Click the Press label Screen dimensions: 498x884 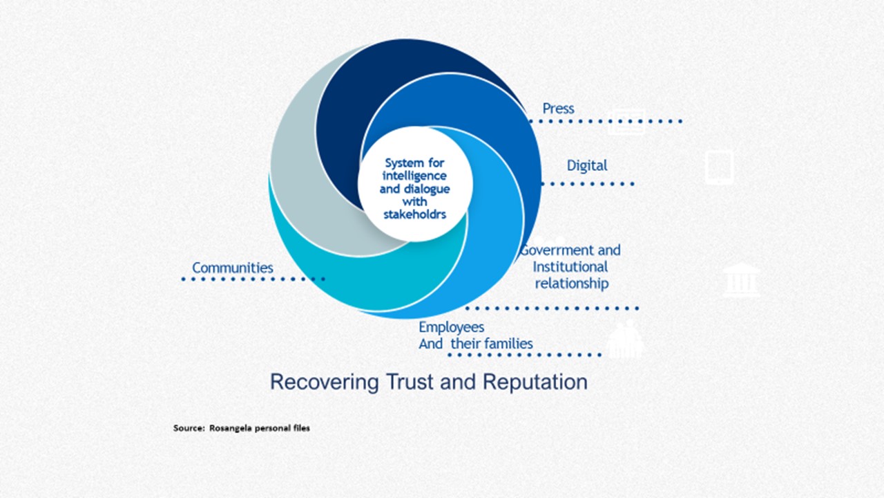point(558,109)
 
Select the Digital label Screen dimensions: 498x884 point(587,165)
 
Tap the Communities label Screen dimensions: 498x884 point(233,268)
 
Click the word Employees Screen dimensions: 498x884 point(451,327)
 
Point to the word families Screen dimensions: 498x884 point(509,344)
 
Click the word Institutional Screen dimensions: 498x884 point(570,267)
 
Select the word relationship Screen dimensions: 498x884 point(572,284)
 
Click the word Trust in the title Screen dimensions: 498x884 point(412,382)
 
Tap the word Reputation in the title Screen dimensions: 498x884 point(535,382)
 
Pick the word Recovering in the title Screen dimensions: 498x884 point(324,382)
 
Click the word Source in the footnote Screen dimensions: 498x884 point(189,428)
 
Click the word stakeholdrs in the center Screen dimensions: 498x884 point(415,214)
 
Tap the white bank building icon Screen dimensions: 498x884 point(741,281)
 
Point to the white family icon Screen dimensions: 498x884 point(624,339)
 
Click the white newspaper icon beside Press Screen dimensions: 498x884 point(626,122)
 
